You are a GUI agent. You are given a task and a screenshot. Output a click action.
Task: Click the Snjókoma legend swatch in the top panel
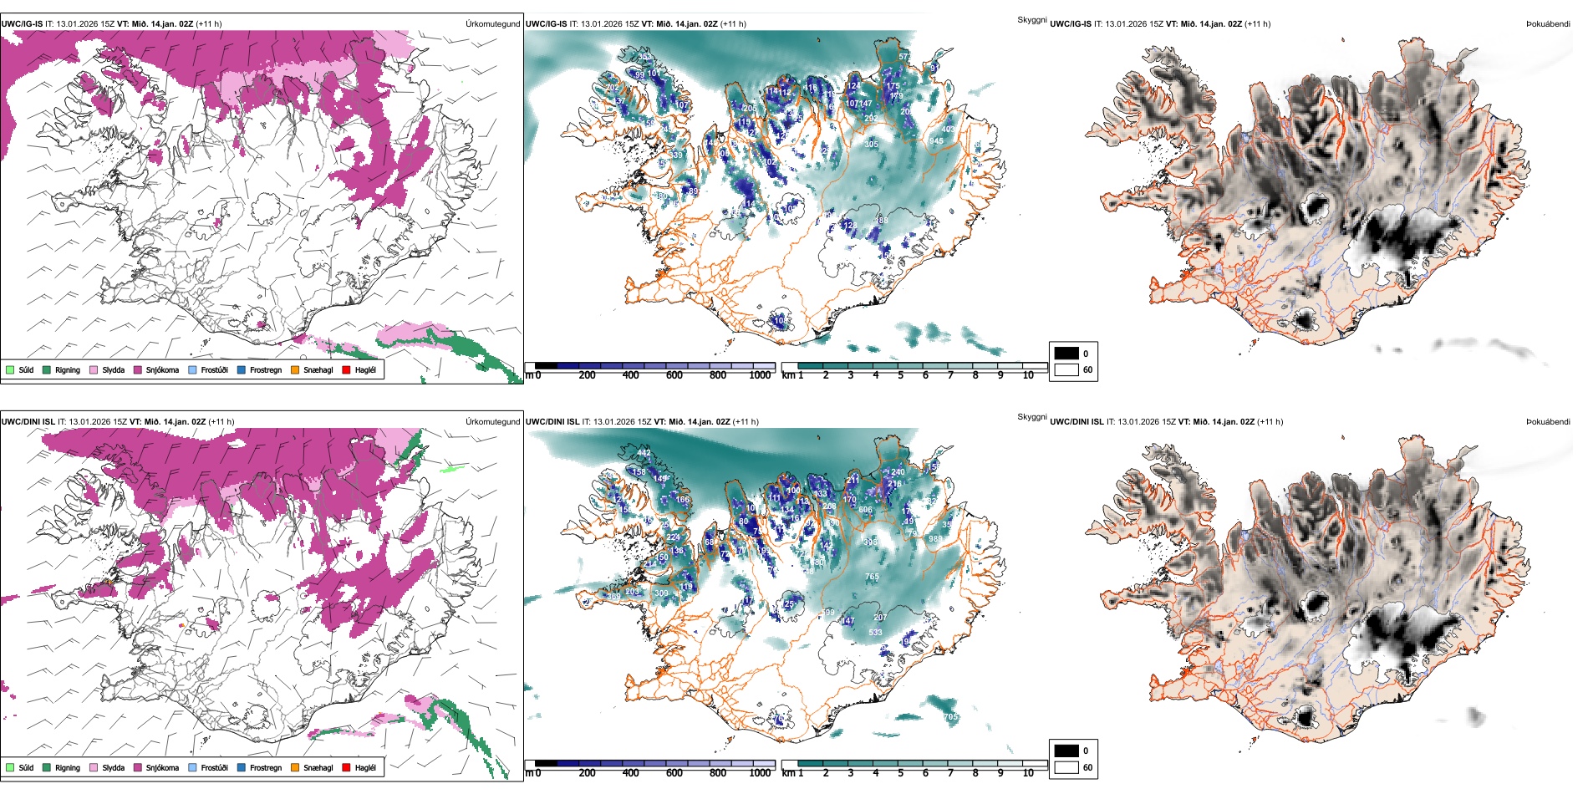138,369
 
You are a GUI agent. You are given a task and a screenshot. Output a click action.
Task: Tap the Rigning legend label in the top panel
68,369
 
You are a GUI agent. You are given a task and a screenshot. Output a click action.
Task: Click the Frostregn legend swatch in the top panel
242,369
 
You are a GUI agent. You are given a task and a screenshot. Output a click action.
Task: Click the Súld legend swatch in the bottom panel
10,767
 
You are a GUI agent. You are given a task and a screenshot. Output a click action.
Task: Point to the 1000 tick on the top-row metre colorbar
760,375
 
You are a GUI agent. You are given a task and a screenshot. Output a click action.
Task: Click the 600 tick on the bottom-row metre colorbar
674,773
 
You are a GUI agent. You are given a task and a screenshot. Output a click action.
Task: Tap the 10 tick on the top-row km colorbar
1028,375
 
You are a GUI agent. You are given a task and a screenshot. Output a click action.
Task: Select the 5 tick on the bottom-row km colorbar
901,773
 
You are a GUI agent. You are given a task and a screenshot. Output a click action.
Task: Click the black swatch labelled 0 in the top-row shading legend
1066,354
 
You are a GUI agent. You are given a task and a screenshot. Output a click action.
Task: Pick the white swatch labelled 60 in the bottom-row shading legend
1066,767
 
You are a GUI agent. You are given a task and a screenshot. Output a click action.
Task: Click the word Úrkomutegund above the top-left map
492,24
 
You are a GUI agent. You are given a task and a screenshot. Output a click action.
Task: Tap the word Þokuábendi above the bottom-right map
1548,422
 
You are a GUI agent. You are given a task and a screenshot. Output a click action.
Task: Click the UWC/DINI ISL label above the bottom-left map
28,422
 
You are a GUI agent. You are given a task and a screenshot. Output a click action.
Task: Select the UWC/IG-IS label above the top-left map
22,24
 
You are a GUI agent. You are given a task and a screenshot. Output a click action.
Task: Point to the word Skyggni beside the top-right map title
1031,19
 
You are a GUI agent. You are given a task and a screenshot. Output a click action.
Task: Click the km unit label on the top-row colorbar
788,375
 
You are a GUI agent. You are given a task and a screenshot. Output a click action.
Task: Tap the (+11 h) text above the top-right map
1257,24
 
